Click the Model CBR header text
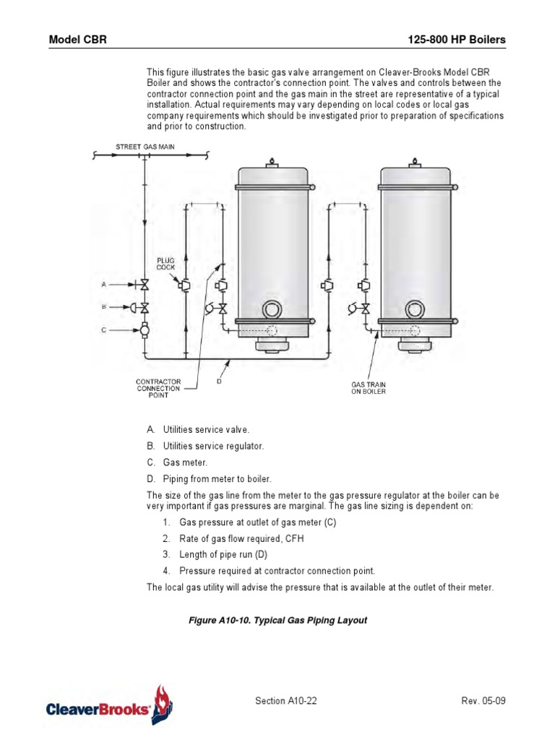click(77, 40)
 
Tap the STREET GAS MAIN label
click(145, 147)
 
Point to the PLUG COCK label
click(166, 263)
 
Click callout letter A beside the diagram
click(104, 285)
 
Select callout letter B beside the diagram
click(104, 307)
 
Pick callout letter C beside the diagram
click(104, 330)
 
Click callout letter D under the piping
click(219, 381)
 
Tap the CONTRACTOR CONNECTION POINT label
click(158, 388)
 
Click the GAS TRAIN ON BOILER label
click(369, 388)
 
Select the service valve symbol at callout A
click(145, 285)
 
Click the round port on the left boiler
click(272, 310)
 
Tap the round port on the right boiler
click(415, 310)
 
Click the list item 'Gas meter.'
click(185, 462)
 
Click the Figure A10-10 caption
click(278, 621)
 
